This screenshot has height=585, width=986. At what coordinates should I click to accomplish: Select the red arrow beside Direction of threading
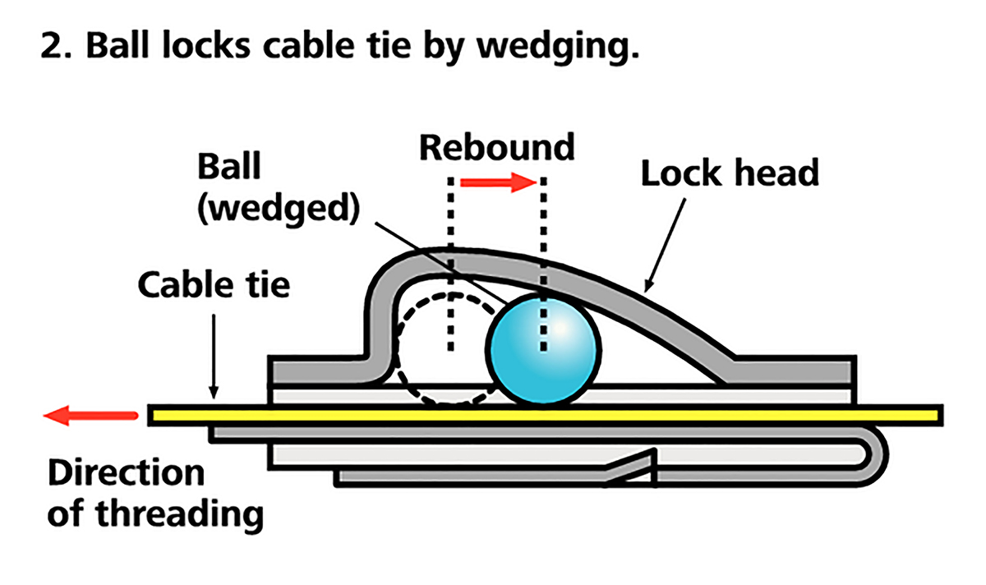tap(90, 416)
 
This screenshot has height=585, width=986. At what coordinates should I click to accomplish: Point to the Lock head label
tap(730, 173)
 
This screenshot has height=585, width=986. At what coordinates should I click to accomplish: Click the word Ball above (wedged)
tap(228, 167)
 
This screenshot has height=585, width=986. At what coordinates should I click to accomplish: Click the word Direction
tap(125, 474)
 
